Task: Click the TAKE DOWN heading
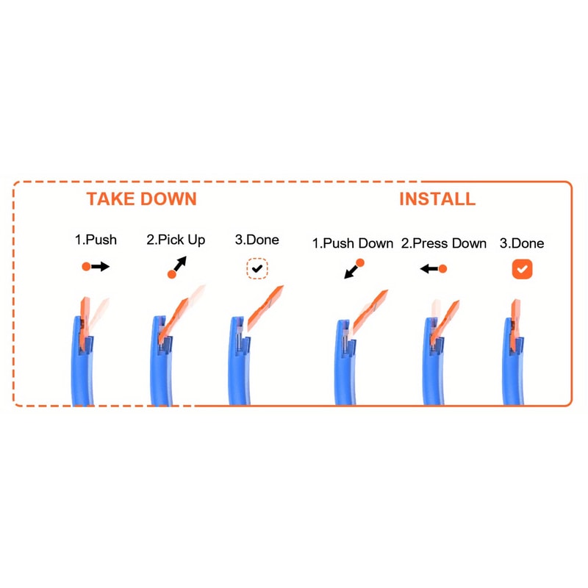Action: [x=141, y=198]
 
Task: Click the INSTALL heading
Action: [x=437, y=198]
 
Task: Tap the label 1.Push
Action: [x=96, y=240]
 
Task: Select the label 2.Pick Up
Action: [x=176, y=240]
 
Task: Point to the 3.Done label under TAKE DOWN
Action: [x=257, y=240]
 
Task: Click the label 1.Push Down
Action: [x=353, y=243]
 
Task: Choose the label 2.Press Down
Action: [x=444, y=243]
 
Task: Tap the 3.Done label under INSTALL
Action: [x=522, y=243]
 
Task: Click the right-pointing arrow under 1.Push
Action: [x=96, y=267]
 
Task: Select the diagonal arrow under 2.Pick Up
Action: [x=177, y=268]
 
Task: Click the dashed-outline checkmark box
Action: [x=257, y=268]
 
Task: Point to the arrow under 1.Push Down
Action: [x=354, y=269]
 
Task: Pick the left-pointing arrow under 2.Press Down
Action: [x=434, y=268]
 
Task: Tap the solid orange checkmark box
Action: [x=522, y=269]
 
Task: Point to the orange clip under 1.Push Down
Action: [x=370, y=312]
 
